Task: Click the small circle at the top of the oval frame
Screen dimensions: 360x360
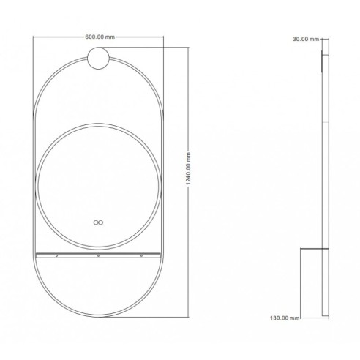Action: coord(98,57)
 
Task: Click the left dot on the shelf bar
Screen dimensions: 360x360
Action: coord(59,256)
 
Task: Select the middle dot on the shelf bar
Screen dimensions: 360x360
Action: coord(98,256)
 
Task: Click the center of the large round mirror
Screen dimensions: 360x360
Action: coord(98,181)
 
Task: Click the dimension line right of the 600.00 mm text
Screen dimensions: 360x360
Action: coord(139,36)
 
